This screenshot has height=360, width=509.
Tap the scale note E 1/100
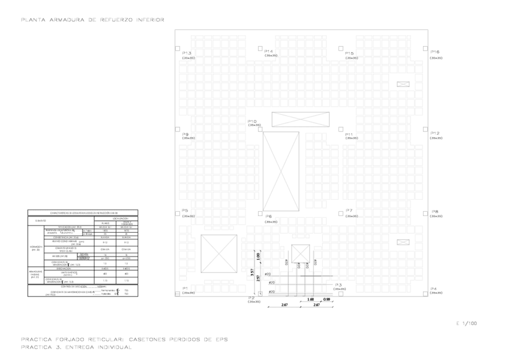pos(466,323)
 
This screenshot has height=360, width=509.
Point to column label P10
pos(252,121)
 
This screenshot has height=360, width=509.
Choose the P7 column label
pos(349,211)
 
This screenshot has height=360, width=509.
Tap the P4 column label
pos(434,288)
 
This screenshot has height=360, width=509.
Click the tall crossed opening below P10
pos(281,171)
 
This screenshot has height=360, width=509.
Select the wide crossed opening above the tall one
pos(300,119)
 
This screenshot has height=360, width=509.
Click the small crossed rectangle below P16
pos(401,85)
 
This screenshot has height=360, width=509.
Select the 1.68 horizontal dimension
pos(310,298)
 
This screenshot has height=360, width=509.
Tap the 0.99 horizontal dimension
pos(327,298)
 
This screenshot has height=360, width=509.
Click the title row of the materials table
pos(83,212)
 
